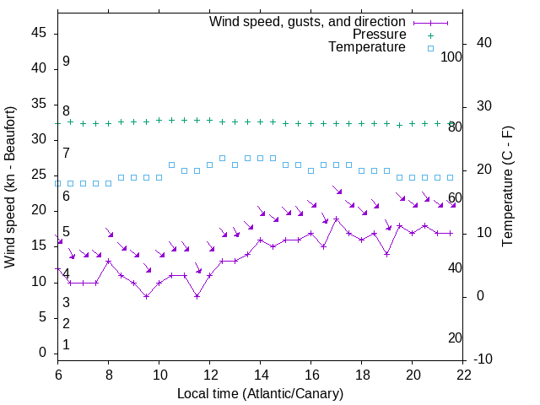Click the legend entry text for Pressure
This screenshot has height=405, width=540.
pos(379,35)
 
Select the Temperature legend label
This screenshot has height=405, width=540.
pos(367,47)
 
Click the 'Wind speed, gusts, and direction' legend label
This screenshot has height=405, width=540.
pos(307,21)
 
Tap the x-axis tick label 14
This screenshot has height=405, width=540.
pos(261,375)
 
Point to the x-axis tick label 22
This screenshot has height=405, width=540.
pos(463,375)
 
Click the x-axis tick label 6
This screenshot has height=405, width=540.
pos(58,375)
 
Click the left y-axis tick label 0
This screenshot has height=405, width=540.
pos(43,353)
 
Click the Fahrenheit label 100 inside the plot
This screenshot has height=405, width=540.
pos(451,57)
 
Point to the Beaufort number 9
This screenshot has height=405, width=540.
pos(66,62)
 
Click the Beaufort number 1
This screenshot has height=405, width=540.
pos(66,345)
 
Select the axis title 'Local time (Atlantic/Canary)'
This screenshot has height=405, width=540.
pos(260,393)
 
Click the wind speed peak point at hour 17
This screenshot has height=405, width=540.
pos(337,219)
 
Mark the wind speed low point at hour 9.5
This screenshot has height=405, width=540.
pos(147,296)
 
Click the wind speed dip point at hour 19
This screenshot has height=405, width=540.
pos(387,254)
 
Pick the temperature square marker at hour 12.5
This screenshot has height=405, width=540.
pos(223,158)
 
